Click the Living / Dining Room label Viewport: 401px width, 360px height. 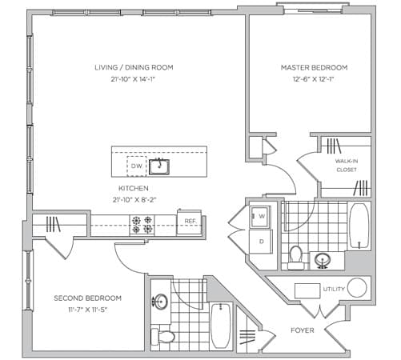pyautogui.click(x=134, y=67)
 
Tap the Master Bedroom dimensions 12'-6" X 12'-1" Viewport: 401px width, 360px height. pyautogui.click(x=314, y=79)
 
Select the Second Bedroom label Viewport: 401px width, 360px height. pyautogui.click(x=87, y=298)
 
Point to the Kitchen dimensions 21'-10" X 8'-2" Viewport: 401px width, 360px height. pyautogui.click(x=134, y=200)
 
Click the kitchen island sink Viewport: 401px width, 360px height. pyautogui.click(x=159, y=166)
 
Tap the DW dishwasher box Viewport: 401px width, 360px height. pyautogui.click(x=137, y=166)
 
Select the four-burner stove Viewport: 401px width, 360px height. pyautogui.click(x=142, y=225)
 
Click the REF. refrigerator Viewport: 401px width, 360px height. pyautogui.click(x=189, y=222)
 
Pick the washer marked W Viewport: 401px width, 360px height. pyautogui.click(x=260, y=216)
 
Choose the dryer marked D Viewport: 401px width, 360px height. pyautogui.click(x=261, y=242)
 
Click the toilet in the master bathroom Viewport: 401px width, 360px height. pyautogui.click(x=295, y=258)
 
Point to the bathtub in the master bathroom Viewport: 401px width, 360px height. pyautogui.click(x=359, y=226)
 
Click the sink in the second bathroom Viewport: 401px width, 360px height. pyautogui.click(x=160, y=302)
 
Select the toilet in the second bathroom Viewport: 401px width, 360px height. pyautogui.click(x=162, y=337)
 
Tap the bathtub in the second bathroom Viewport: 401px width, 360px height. pyautogui.click(x=221, y=326)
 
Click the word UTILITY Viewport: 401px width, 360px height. pyautogui.click(x=334, y=289)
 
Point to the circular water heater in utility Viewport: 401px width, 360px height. pyautogui.click(x=357, y=288)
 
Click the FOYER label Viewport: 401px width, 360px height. pyautogui.click(x=303, y=330)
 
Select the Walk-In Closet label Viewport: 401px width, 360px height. pyautogui.click(x=347, y=166)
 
